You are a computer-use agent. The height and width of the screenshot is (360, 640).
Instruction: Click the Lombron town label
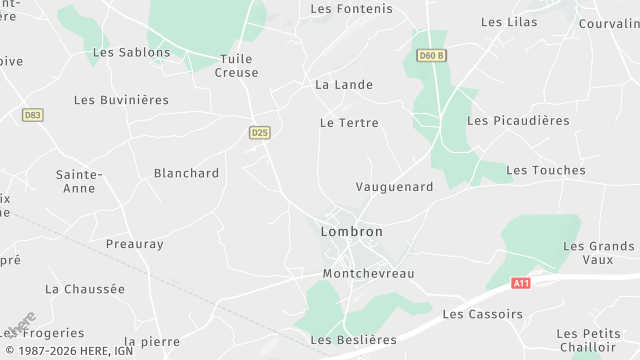[351, 231]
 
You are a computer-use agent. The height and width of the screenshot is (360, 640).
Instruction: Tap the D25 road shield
[260, 132]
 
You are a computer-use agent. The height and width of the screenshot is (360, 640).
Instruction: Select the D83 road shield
[33, 115]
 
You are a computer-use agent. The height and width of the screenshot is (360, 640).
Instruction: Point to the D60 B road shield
[431, 55]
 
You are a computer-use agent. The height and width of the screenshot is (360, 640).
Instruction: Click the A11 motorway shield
[520, 284]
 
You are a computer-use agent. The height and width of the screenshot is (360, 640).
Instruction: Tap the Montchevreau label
[368, 273]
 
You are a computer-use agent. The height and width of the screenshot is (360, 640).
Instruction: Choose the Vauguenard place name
[394, 187]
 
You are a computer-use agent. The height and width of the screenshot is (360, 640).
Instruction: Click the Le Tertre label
[349, 123]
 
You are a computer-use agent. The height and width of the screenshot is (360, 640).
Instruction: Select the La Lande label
[343, 85]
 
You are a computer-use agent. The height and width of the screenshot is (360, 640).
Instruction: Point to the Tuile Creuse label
[237, 66]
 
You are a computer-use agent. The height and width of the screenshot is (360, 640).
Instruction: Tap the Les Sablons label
[131, 52]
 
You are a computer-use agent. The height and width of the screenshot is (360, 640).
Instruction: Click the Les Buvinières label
[121, 100]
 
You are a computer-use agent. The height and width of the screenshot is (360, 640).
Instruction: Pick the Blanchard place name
[186, 173]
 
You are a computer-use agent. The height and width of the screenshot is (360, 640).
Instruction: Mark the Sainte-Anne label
[78, 181]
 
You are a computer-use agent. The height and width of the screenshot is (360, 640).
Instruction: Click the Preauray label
[134, 244]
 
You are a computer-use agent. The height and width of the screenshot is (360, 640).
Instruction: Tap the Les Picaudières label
[518, 121]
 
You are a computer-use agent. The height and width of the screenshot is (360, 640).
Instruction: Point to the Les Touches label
[546, 171]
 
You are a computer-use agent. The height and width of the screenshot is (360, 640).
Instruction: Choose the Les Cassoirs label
[482, 314]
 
